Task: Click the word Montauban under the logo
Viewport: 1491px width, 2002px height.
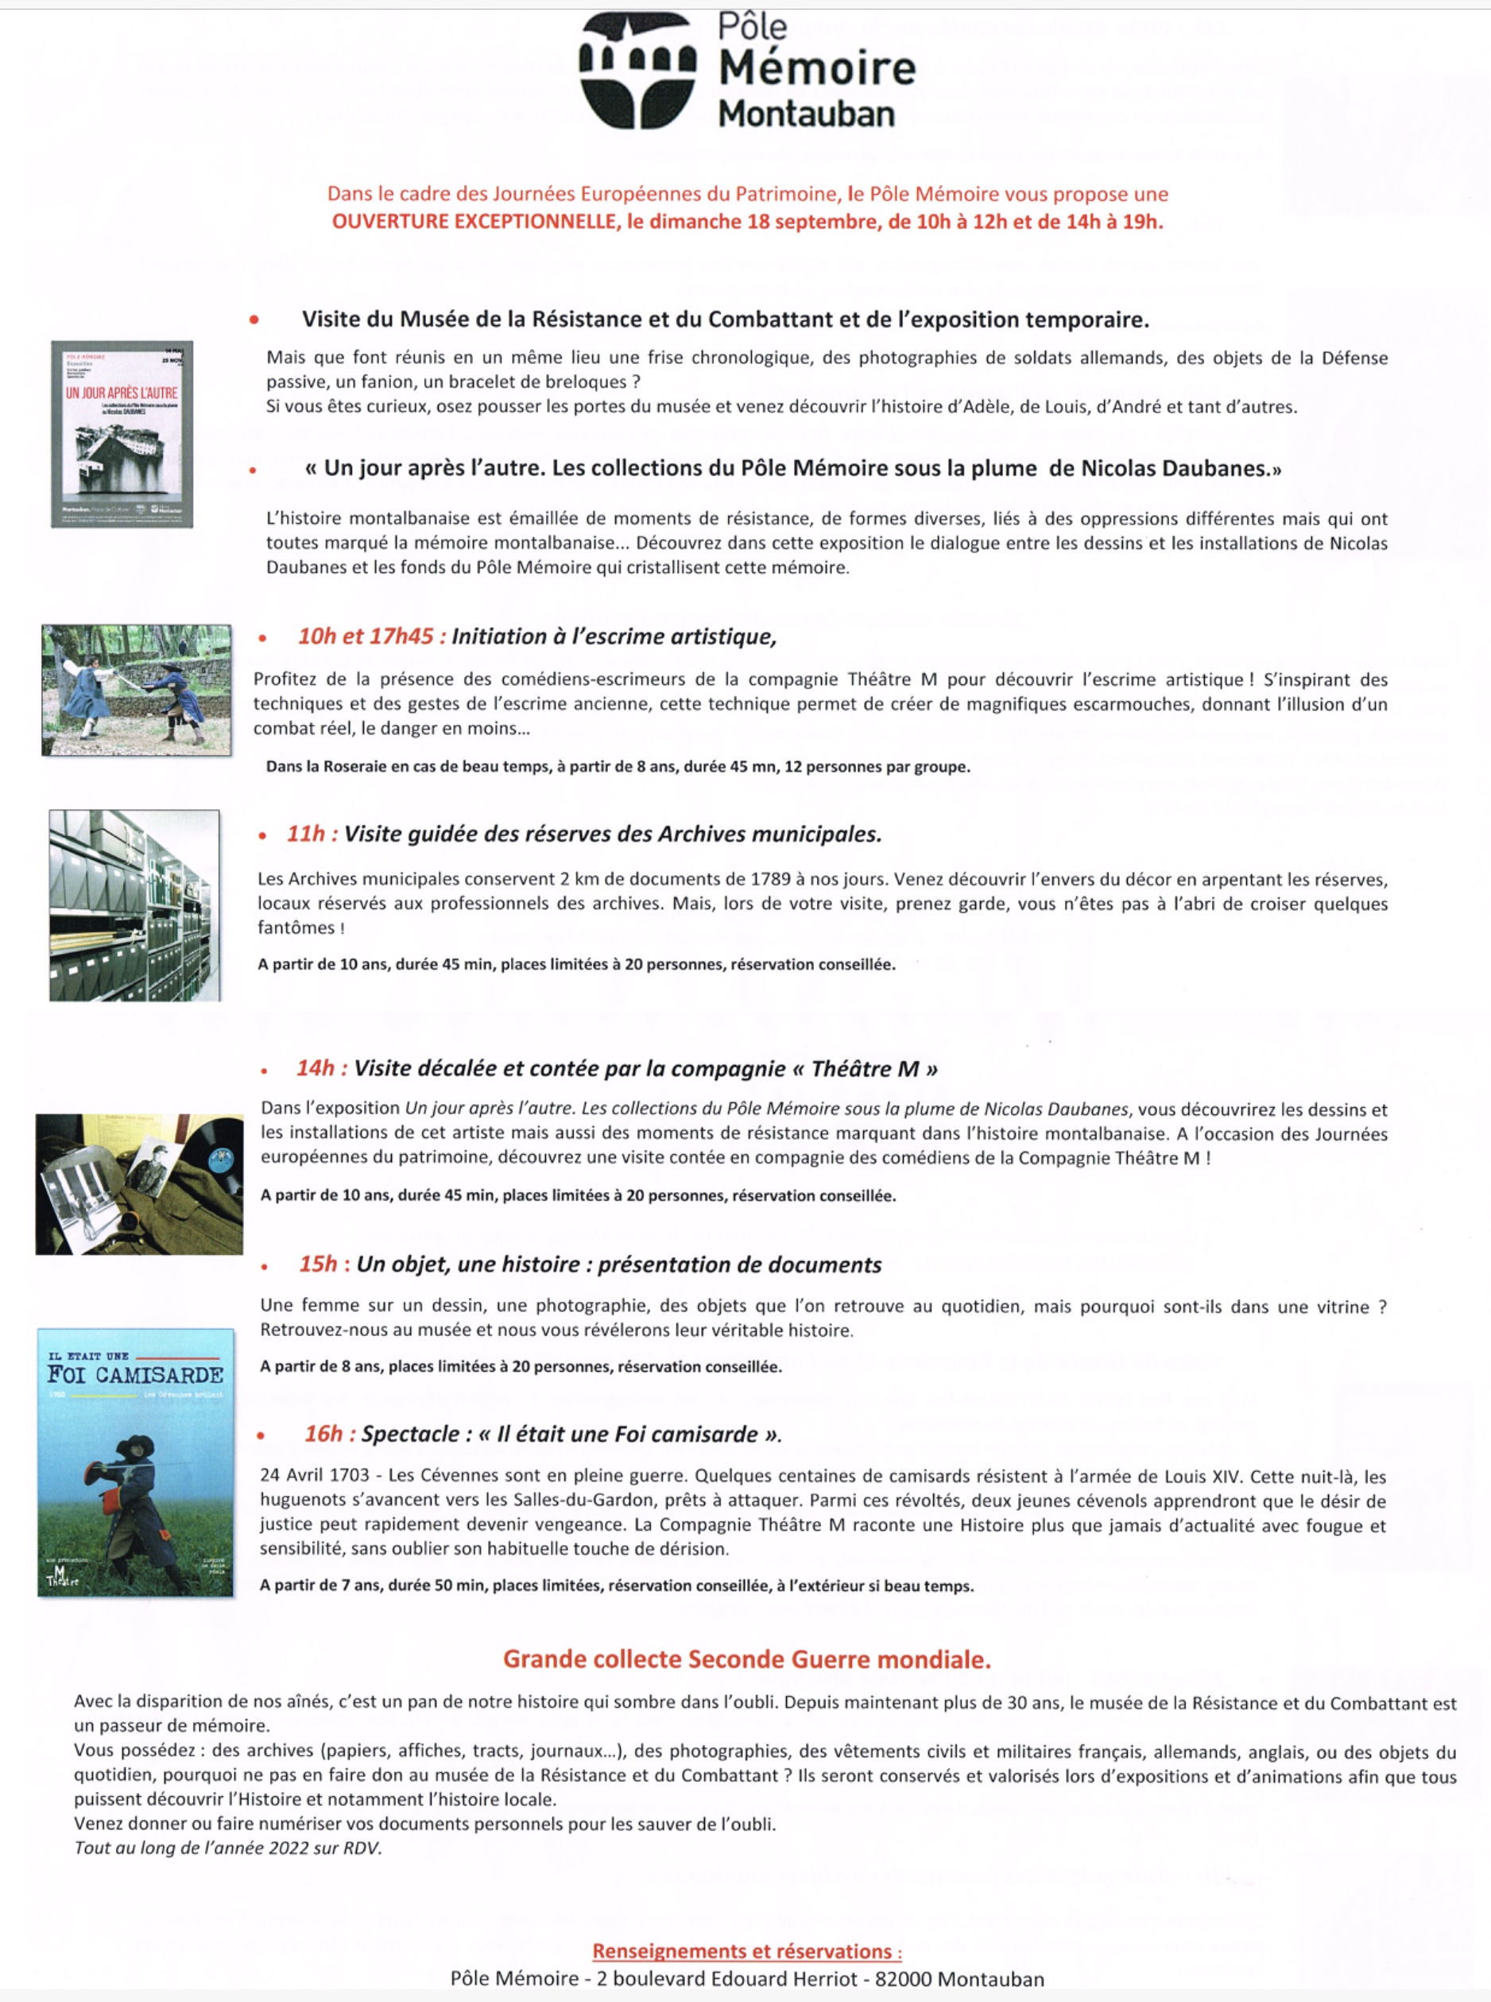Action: pos(806,114)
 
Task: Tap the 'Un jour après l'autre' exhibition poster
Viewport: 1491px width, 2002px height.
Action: pos(122,434)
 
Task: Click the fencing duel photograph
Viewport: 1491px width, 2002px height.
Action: pos(136,690)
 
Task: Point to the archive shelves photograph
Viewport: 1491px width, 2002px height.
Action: pos(134,905)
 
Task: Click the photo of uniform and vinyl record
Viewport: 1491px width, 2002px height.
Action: pos(139,1183)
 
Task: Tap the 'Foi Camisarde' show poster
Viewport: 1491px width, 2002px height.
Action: pos(135,1462)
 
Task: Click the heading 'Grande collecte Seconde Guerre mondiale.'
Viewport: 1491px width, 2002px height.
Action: pos(746,1659)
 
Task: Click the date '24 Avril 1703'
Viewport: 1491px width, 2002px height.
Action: pos(314,1475)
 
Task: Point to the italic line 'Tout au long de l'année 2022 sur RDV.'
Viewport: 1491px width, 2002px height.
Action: pos(228,1848)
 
